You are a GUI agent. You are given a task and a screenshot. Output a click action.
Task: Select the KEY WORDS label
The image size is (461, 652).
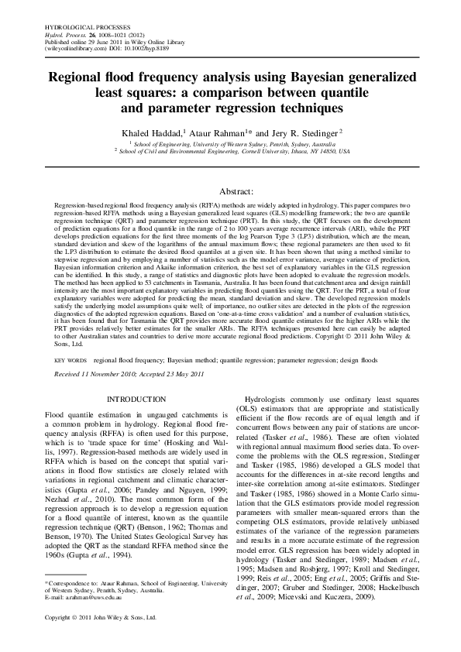(70, 361)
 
